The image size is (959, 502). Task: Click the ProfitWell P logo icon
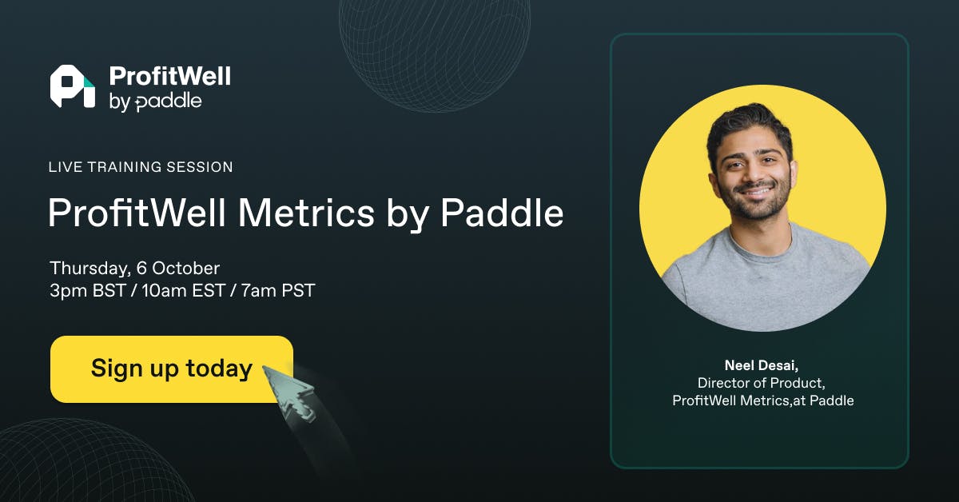[x=73, y=86]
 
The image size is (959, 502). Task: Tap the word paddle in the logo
[x=169, y=102]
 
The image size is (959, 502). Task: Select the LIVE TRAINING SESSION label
[x=141, y=166]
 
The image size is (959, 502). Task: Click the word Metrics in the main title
[x=306, y=213]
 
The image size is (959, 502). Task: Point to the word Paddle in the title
[x=502, y=212]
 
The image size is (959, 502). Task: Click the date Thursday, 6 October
[x=135, y=269]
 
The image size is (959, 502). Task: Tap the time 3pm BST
[x=88, y=290]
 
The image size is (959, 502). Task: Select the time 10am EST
[x=184, y=290]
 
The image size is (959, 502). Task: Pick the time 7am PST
[x=278, y=290]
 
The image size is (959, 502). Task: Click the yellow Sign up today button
[x=172, y=369]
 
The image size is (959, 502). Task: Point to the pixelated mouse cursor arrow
[x=289, y=391]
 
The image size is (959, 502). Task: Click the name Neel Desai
[x=761, y=365]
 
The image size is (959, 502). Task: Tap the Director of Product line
[x=761, y=383]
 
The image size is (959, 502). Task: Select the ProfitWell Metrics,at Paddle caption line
[x=763, y=400]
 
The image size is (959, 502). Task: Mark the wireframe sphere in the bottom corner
[x=86, y=463]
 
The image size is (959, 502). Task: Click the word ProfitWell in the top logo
[x=170, y=76]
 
